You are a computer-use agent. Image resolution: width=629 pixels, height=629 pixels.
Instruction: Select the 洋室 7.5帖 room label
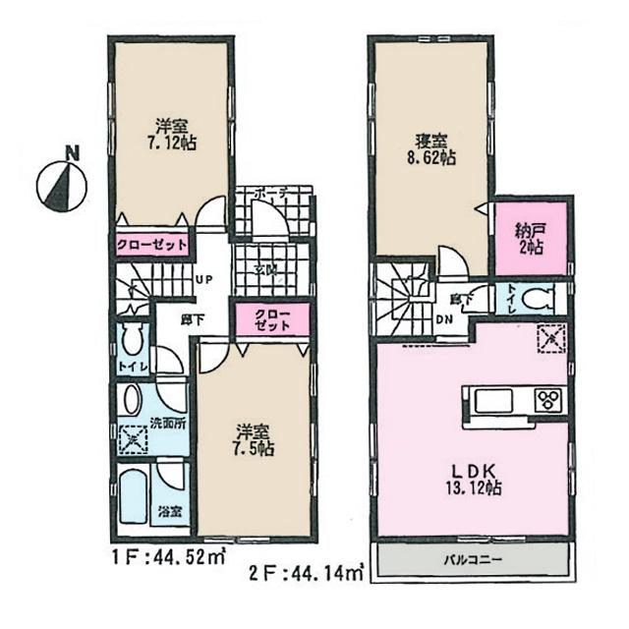click(x=255, y=438)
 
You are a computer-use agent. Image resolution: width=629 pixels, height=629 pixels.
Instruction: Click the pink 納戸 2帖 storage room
click(x=531, y=239)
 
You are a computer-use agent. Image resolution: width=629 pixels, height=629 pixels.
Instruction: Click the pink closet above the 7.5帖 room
click(x=265, y=321)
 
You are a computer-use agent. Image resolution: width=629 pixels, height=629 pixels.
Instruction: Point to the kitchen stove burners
click(x=545, y=400)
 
